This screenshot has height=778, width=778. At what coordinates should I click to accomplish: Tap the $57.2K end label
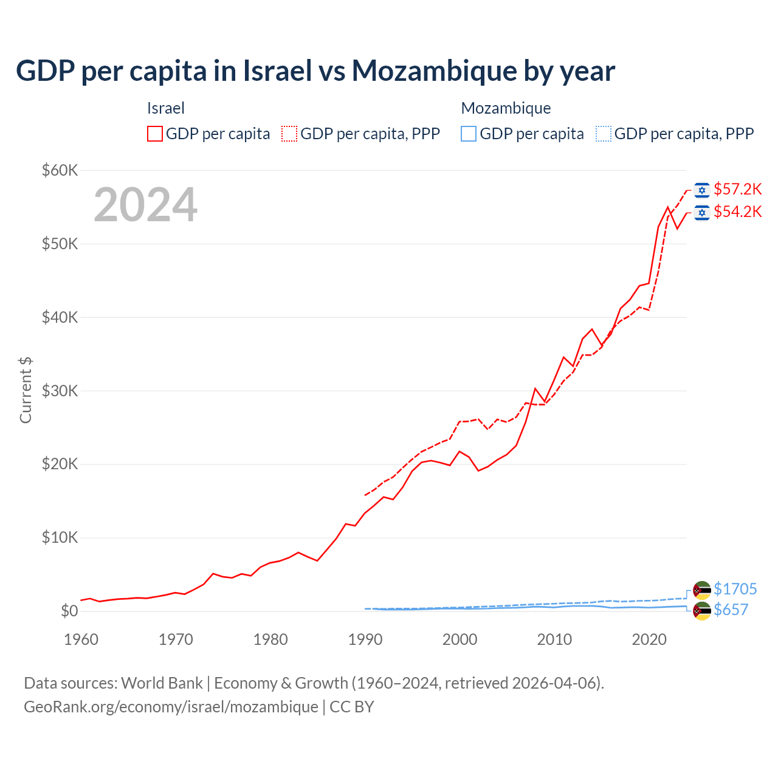(x=737, y=190)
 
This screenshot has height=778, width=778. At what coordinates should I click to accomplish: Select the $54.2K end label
(x=737, y=212)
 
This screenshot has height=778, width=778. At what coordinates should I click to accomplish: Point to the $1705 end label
(x=735, y=589)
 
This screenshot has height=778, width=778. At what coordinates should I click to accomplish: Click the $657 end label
(x=731, y=610)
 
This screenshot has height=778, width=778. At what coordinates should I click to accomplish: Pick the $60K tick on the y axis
(x=60, y=170)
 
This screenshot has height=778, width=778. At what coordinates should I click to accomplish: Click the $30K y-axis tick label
(x=60, y=391)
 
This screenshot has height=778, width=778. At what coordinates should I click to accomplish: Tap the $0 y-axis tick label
(x=69, y=611)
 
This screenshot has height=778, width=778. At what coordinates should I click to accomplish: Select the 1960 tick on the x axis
(x=81, y=639)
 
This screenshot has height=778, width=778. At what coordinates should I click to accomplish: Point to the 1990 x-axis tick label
(x=365, y=639)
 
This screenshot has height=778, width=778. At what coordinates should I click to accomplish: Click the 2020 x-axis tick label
(x=649, y=639)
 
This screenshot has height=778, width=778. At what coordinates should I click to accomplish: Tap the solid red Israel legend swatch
(x=155, y=134)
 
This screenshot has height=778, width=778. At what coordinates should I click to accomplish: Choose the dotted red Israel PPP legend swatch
(x=289, y=134)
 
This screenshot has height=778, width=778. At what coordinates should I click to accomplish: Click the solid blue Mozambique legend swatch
(x=469, y=134)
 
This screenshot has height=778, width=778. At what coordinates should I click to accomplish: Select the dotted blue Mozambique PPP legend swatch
(x=604, y=134)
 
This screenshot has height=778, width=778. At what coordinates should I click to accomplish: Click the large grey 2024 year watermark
(x=146, y=205)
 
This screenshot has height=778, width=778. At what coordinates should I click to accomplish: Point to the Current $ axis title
(x=26, y=390)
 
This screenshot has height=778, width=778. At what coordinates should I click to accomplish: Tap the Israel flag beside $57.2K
(x=702, y=190)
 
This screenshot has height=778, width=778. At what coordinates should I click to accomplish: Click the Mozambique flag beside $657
(x=702, y=610)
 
